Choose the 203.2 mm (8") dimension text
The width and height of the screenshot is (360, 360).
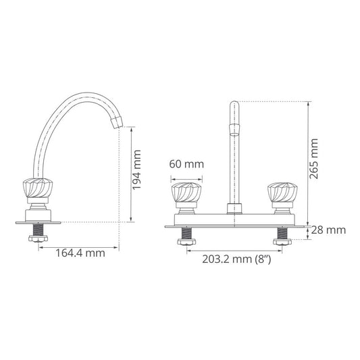tap(237, 259)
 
